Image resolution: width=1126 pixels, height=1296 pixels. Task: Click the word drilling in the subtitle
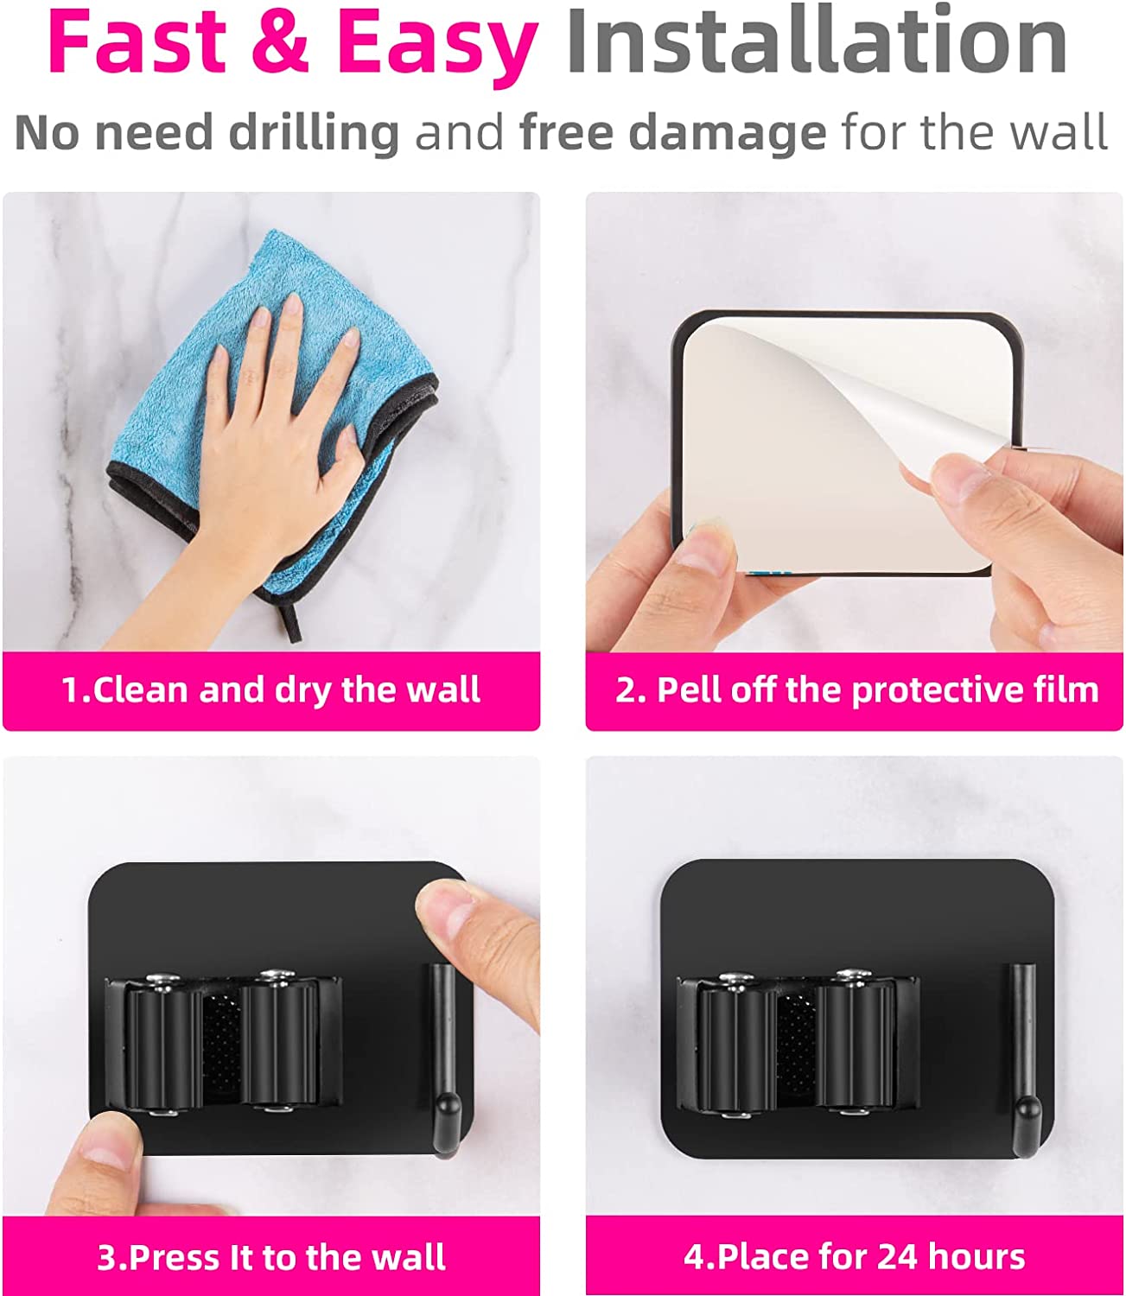pyautogui.click(x=314, y=134)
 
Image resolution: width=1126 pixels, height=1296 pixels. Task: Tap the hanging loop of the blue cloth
pyautogui.click(x=290, y=621)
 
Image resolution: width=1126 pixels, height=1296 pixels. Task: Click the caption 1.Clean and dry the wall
pyautogui.click(x=271, y=689)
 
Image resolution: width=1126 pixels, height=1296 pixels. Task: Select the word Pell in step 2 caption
pyautogui.click(x=689, y=689)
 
